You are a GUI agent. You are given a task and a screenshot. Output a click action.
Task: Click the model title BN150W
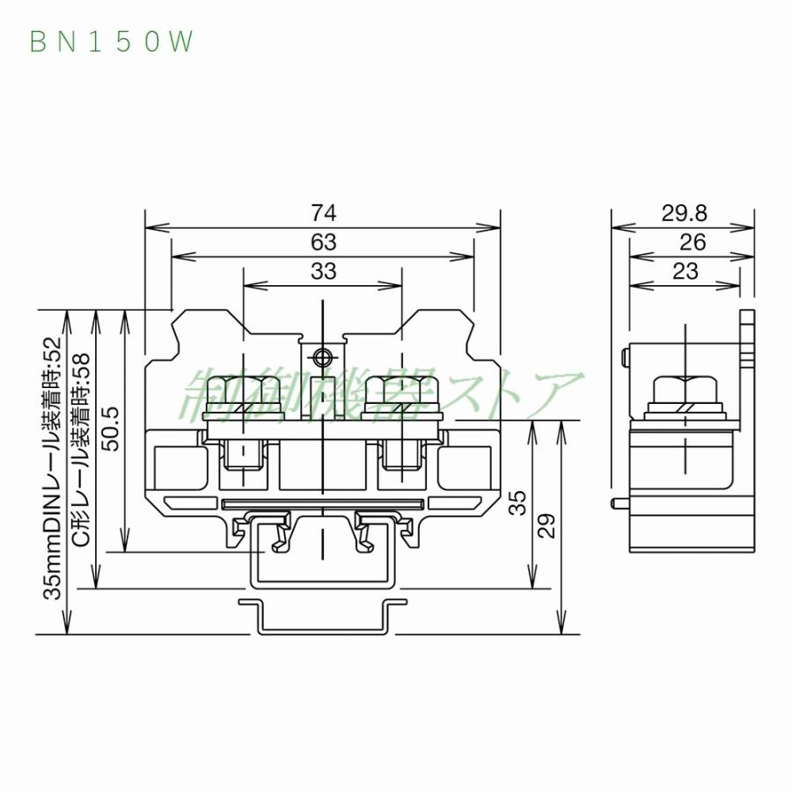[x=111, y=41]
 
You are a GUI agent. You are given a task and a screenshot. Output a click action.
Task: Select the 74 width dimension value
[x=323, y=213]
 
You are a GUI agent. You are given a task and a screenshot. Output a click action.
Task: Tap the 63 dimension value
[x=323, y=242]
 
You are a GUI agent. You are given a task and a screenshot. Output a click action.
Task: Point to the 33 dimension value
[x=323, y=271]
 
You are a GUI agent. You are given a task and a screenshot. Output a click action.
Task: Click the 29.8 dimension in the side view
[x=684, y=213]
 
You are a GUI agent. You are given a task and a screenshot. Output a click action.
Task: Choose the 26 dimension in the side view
[x=684, y=242]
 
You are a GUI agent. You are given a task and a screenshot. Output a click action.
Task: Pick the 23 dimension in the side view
[x=684, y=271]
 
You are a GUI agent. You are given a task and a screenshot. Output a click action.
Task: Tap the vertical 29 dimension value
[x=547, y=526]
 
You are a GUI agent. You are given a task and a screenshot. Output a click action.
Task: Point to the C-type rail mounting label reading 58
[x=82, y=449]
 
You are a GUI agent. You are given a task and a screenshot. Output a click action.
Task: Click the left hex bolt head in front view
[x=242, y=392]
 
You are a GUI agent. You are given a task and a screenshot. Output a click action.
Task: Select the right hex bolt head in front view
[x=403, y=392]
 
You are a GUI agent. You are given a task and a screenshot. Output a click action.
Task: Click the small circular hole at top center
[x=323, y=357]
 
